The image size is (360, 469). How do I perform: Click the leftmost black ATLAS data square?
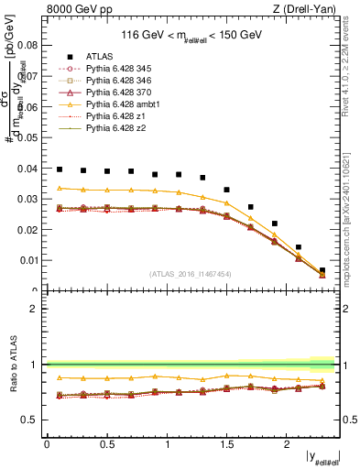(x=60, y=169)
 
